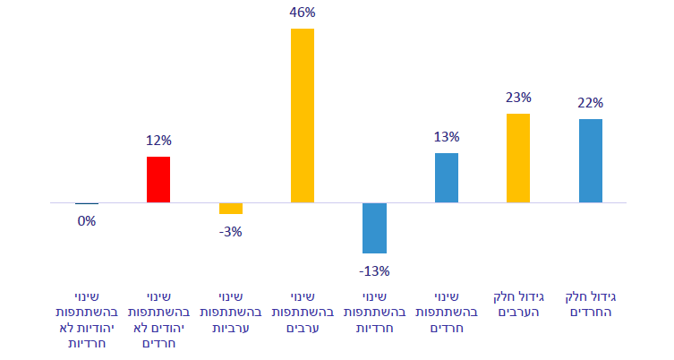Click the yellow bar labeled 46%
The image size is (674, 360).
pyautogui.click(x=303, y=116)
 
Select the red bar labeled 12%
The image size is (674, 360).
pyautogui.click(x=158, y=179)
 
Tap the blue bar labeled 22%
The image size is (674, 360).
pyautogui.click(x=590, y=160)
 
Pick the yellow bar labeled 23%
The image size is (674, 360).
pyautogui.click(x=518, y=158)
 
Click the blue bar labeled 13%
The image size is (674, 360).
pyautogui.click(x=446, y=177)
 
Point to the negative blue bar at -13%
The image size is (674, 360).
pyautogui.click(x=374, y=227)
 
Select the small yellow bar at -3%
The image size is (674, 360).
pyautogui.click(x=231, y=209)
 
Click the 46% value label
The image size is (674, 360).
pyautogui.click(x=303, y=13)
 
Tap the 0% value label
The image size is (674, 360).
pyautogui.click(x=87, y=220)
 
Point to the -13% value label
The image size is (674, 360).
pyautogui.click(x=374, y=270)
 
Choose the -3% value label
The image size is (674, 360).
pyautogui.click(x=231, y=231)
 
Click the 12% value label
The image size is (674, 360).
pyautogui.click(x=158, y=141)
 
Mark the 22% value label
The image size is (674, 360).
pyautogui.click(x=590, y=102)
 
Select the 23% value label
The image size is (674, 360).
pyautogui.click(x=518, y=97)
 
